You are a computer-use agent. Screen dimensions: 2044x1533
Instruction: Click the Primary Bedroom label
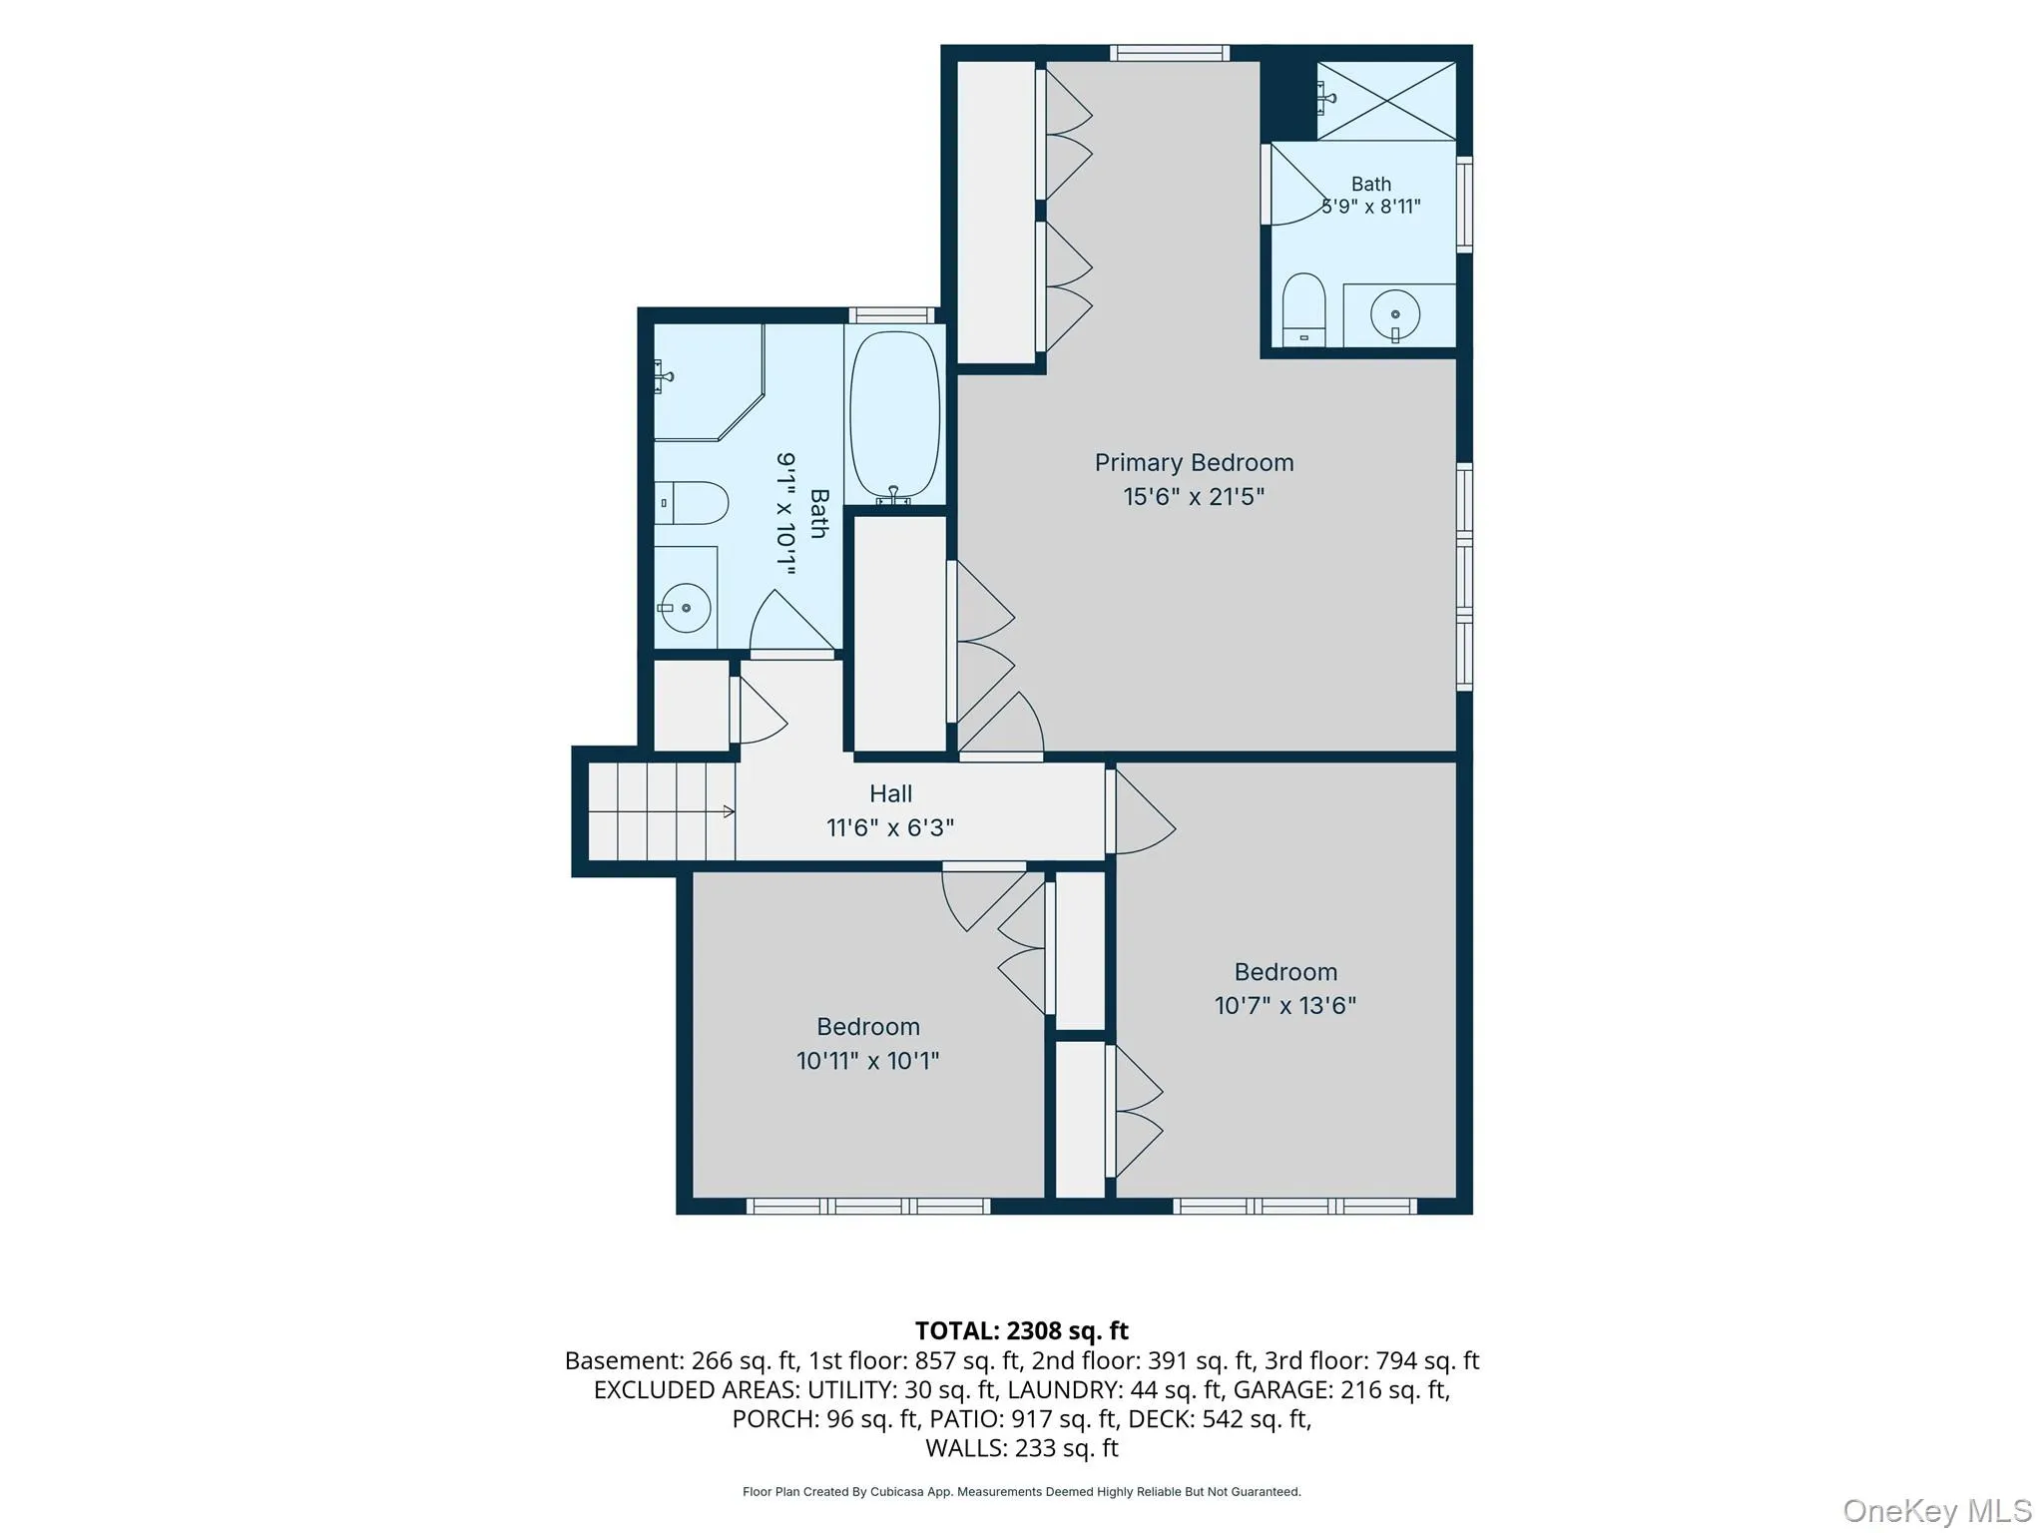click(1194, 463)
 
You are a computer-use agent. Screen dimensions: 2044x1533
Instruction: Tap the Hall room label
click(890, 793)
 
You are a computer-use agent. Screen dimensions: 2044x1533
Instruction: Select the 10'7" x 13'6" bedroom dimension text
click(1284, 1005)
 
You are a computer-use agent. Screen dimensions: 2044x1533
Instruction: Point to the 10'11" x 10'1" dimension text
click(867, 1060)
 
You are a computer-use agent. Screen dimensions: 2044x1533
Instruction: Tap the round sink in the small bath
click(1395, 314)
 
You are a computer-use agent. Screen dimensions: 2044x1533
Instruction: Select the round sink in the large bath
click(685, 608)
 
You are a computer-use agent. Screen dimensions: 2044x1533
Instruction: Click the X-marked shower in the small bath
click(1386, 101)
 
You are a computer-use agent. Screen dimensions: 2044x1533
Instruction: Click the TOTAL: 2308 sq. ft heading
click(1021, 1330)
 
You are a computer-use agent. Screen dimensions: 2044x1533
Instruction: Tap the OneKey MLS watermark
click(1937, 1511)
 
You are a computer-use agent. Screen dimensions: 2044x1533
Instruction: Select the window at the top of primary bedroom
click(1169, 53)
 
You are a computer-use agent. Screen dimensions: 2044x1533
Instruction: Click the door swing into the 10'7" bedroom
click(1140, 811)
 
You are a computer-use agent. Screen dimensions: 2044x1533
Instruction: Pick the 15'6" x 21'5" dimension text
click(1194, 496)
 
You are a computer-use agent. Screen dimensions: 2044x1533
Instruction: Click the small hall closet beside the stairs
click(691, 706)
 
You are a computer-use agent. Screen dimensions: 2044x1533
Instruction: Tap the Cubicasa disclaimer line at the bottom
click(1021, 1492)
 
